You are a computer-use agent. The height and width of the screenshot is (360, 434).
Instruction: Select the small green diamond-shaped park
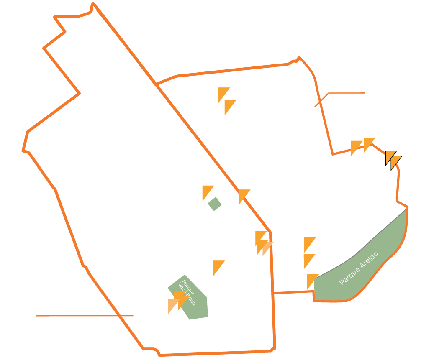click(x=215, y=204)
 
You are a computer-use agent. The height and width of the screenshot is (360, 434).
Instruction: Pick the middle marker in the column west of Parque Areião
click(x=308, y=259)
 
